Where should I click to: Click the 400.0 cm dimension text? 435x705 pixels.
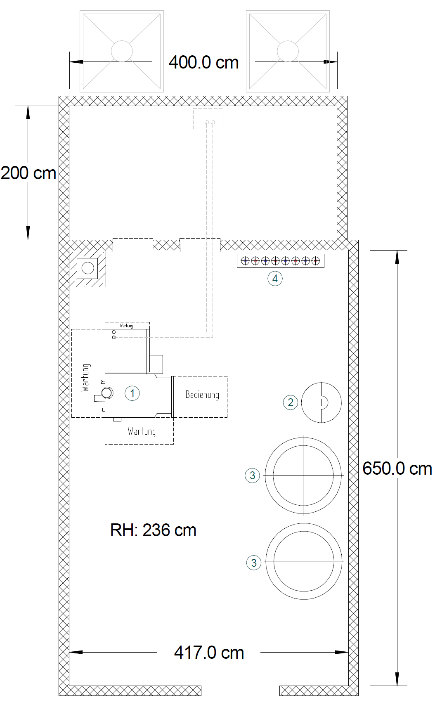(x=203, y=62)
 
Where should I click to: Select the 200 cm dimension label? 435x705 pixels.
(x=28, y=173)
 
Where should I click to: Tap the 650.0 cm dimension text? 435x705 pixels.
(x=397, y=468)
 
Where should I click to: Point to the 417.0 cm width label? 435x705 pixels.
(x=209, y=652)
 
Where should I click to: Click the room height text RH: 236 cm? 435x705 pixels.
(x=153, y=530)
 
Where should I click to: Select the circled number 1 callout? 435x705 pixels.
(x=132, y=393)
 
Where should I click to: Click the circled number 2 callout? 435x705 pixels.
(x=291, y=402)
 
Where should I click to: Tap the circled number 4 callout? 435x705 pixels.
(x=275, y=279)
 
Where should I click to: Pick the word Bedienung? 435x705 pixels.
(x=202, y=395)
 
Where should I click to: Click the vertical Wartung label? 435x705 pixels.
(x=85, y=377)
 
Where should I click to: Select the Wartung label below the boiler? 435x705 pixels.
(x=142, y=431)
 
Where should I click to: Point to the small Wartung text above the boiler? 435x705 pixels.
(x=126, y=326)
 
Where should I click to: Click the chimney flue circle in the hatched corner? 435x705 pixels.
(x=88, y=268)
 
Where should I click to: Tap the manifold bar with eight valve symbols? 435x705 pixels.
(x=281, y=260)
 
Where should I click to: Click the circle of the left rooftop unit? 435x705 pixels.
(x=122, y=51)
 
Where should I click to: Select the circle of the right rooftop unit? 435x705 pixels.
(x=288, y=51)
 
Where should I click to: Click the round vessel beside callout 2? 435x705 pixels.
(x=322, y=402)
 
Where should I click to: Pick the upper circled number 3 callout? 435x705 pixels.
(x=253, y=475)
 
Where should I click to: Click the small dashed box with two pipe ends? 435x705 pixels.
(x=209, y=118)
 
